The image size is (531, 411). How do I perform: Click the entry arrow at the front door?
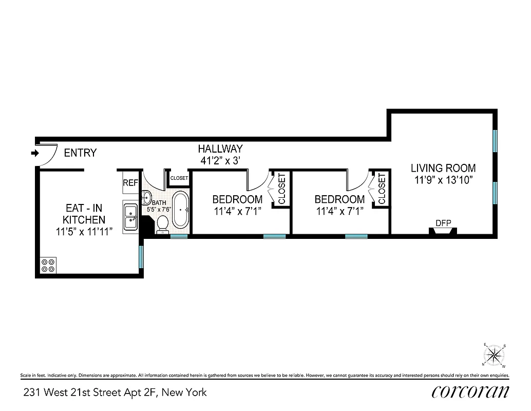(34, 153)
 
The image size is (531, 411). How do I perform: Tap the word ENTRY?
(80, 153)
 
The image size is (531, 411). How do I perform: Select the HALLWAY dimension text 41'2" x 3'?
(220, 160)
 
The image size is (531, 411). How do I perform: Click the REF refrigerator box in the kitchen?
(130, 182)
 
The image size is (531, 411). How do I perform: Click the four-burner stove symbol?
(48, 265)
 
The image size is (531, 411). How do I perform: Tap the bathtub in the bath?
(180, 210)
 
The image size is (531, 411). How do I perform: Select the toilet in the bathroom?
(162, 224)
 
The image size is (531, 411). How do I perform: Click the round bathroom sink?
(146, 197)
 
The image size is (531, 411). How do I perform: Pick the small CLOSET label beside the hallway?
(179, 178)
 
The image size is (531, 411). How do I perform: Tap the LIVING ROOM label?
(443, 168)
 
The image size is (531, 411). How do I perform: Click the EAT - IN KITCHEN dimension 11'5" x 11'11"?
(85, 232)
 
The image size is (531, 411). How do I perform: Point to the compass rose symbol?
(495, 354)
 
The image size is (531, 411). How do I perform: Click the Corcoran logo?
(470, 391)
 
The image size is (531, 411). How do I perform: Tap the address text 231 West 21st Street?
(115, 393)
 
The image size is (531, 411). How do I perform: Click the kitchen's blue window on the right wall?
(141, 258)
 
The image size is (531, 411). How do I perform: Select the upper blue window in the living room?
(495, 140)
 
